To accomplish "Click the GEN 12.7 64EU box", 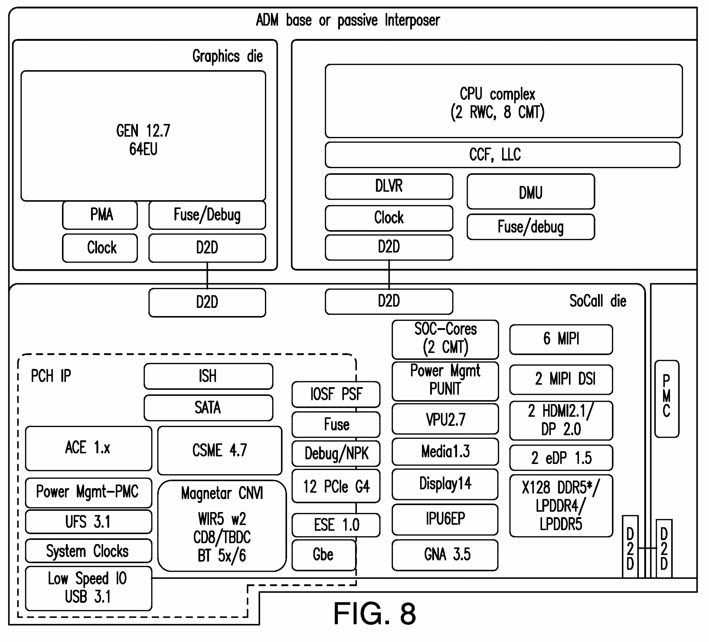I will coord(143,136).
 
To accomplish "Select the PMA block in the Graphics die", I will coord(100,215).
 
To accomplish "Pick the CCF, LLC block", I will coord(502,155).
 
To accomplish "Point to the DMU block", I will coord(530,192).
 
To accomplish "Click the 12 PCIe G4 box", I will coord(336,486).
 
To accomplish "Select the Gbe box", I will coord(324,555).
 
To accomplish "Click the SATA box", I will coord(208,408).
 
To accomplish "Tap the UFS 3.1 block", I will coord(88,522).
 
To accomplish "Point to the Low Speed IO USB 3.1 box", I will coord(88,588).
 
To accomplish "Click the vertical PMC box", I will coord(666,399).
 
